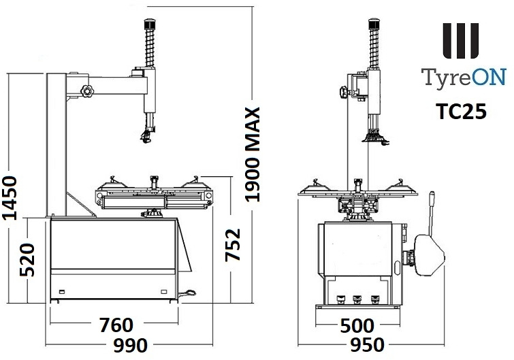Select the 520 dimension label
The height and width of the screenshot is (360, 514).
28,260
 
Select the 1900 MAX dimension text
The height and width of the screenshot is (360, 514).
253,154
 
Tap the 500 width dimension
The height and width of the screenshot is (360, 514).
357,326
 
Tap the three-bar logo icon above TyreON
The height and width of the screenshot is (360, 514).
461,41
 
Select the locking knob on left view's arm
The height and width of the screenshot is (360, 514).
86,90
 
